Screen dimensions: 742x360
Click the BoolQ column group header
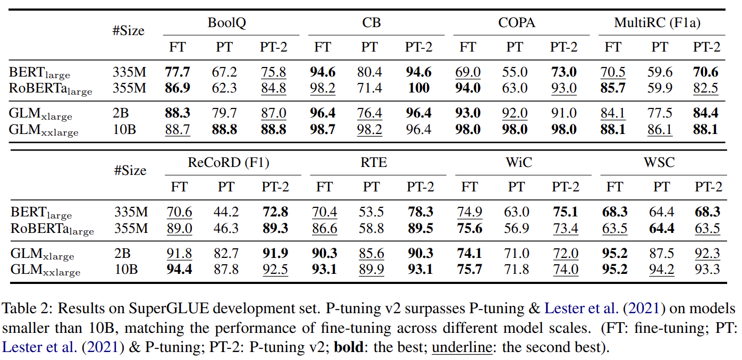[x=227, y=23]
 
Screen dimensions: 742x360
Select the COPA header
[x=517, y=22]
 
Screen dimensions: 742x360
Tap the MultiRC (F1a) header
[x=657, y=23]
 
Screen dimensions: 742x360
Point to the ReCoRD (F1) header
[x=229, y=163]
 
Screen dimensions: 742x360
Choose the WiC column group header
[x=519, y=162]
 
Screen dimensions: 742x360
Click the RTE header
[x=374, y=162]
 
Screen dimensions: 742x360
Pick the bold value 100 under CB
[x=419, y=88]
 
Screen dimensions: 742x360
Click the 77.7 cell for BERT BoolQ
[x=178, y=72]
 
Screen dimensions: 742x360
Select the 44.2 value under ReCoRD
[x=226, y=212]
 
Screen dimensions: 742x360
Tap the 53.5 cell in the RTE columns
[x=371, y=212]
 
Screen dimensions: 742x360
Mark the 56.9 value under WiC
[x=517, y=228]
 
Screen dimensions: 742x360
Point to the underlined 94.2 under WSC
[x=662, y=270]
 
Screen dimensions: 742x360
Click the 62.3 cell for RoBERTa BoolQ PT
[x=224, y=88]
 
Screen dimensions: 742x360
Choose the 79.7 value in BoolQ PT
[x=224, y=113]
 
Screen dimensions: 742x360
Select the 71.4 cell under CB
[x=369, y=88]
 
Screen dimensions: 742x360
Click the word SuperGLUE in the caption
[x=169, y=308]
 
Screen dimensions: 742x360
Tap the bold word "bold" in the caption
[x=349, y=347]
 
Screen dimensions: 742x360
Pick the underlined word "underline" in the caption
[x=462, y=347]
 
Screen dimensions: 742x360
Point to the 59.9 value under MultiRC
[x=660, y=88]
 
